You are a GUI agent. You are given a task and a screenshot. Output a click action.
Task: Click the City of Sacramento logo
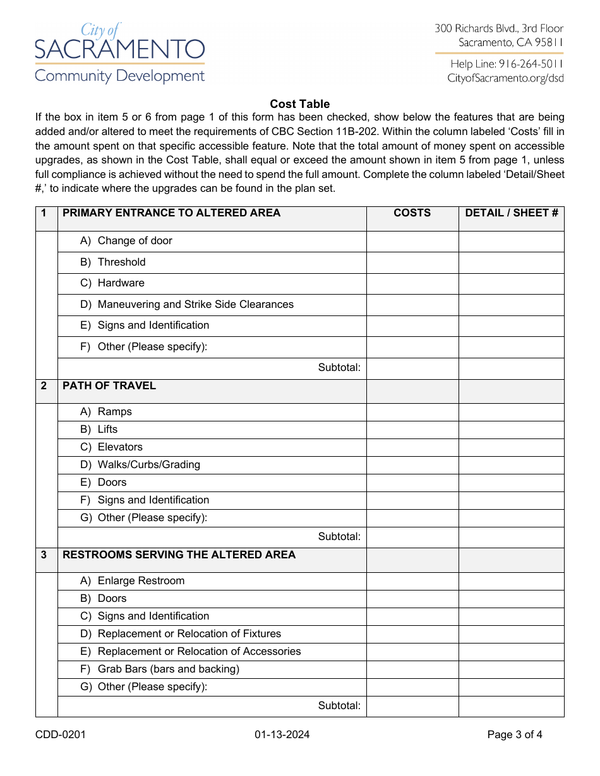click(x=120, y=54)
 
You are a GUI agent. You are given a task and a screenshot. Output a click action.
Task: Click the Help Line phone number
click(x=507, y=64)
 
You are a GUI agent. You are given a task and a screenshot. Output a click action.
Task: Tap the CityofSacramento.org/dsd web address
click(x=505, y=78)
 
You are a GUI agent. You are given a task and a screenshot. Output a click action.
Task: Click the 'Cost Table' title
click(x=300, y=104)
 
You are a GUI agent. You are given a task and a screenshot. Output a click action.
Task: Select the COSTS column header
click(x=412, y=213)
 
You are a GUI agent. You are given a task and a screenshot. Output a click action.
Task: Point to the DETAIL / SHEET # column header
click(x=512, y=213)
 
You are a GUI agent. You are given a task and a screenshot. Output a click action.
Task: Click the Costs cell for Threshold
click(x=412, y=262)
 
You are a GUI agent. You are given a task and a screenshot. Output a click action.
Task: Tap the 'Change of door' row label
click(x=135, y=241)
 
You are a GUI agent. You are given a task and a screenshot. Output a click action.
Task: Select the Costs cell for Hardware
click(x=412, y=284)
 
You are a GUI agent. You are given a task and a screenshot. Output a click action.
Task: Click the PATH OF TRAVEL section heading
click(x=109, y=386)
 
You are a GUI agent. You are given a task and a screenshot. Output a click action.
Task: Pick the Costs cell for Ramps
click(x=412, y=413)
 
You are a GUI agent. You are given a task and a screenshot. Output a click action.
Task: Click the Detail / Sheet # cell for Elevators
click(x=512, y=448)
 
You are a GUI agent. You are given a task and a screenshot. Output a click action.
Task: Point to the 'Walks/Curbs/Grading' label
click(x=148, y=465)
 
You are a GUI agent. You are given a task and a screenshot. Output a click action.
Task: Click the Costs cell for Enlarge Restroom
click(x=412, y=582)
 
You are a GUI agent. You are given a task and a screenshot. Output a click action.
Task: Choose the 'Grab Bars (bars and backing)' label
click(x=168, y=669)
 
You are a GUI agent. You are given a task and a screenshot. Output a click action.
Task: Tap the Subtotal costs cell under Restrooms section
click(x=412, y=706)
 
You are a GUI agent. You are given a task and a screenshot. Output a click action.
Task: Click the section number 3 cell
click(x=44, y=556)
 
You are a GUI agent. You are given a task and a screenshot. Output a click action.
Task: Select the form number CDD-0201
click(x=61, y=734)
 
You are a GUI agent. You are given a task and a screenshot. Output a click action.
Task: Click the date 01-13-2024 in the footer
click(x=282, y=734)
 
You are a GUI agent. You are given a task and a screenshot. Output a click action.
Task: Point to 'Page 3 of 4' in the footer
click(x=515, y=734)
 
